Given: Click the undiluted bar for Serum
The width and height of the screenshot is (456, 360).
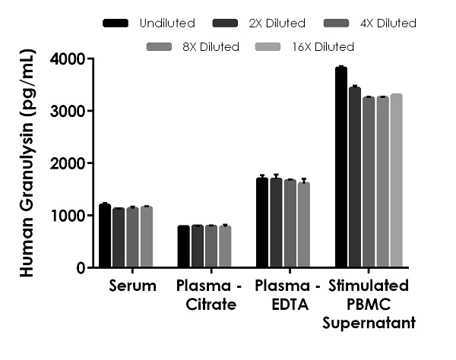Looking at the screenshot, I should click(x=105, y=235).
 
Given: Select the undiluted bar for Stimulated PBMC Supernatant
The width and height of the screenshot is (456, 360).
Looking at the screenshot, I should click(x=341, y=167).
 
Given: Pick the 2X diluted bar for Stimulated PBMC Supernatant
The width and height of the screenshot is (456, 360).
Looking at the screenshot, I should click(x=355, y=178).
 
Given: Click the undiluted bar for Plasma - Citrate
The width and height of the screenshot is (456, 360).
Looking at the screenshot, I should click(x=183, y=247).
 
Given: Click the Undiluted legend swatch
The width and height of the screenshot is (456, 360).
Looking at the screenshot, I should click(x=115, y=24).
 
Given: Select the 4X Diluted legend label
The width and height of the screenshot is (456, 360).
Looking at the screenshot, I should click(x=389, y=24).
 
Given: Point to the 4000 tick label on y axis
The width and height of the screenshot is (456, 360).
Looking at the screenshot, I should click(x=69, y=59).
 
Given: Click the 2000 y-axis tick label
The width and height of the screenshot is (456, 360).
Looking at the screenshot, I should click(x=69, y=163).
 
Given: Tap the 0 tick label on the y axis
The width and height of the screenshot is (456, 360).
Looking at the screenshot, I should click(x=80, y=268).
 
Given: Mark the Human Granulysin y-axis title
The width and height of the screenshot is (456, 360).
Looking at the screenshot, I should click(x=26, y=163).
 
